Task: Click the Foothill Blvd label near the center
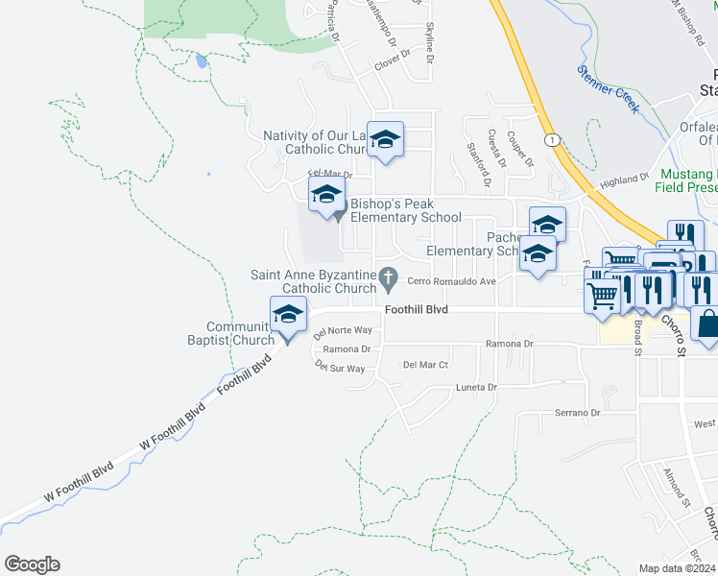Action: (x=416, y=310)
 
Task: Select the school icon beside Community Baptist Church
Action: (x=288, y=315)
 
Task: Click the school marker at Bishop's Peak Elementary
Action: (x=326, y=194)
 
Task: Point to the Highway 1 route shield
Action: (x=553, y=140)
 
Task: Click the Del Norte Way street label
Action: (x=343, y=332)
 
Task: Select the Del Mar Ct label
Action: (x=425, y=365)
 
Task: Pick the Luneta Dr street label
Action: (x=477, y=388)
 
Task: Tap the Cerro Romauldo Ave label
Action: (x=451, y=281)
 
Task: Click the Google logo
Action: (x=32, y=564)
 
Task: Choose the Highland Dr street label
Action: (x=625, y=180)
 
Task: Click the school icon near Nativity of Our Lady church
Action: (x=385, y=140)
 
